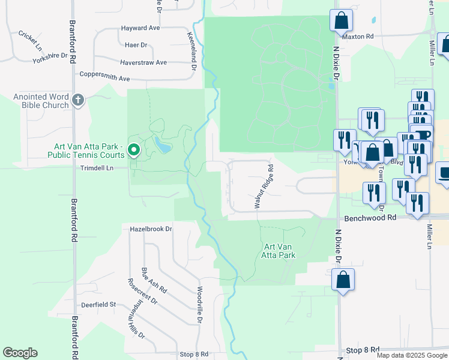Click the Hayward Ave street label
coord(140,28)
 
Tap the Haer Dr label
coord(136,45)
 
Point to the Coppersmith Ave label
coord(105,78)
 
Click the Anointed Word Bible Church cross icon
coord(77,101)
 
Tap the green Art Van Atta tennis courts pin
coord(134,149)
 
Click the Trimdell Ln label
coord(97,169)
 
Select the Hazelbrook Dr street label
coord(151,229)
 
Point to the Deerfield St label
coord(98,305)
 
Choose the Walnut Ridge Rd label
coord(264,187)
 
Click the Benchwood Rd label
coord(370,218)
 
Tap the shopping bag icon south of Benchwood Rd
coord(343,280)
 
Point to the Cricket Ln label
coord(30,41)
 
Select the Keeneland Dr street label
coord(192,52)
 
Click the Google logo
coord(20,353)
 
